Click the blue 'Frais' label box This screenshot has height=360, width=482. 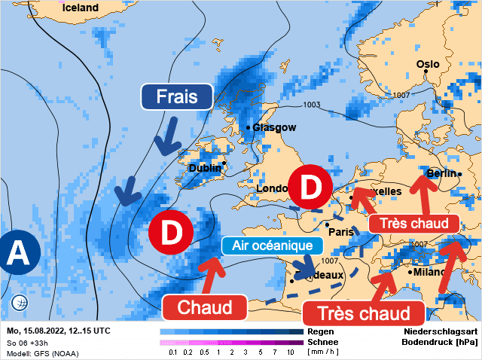(177, 97)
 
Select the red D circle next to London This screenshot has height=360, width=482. (310, 188)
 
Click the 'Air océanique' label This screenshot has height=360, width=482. (272, 246)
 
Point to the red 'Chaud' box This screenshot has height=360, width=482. (205, 307)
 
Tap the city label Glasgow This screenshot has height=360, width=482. (274, 127)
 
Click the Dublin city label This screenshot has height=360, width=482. (205, 168)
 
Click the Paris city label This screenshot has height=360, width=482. (341, 232)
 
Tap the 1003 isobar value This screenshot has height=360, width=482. (311, 104)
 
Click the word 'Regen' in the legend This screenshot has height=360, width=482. (321, 331)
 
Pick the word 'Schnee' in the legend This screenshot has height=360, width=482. (324, 341)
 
